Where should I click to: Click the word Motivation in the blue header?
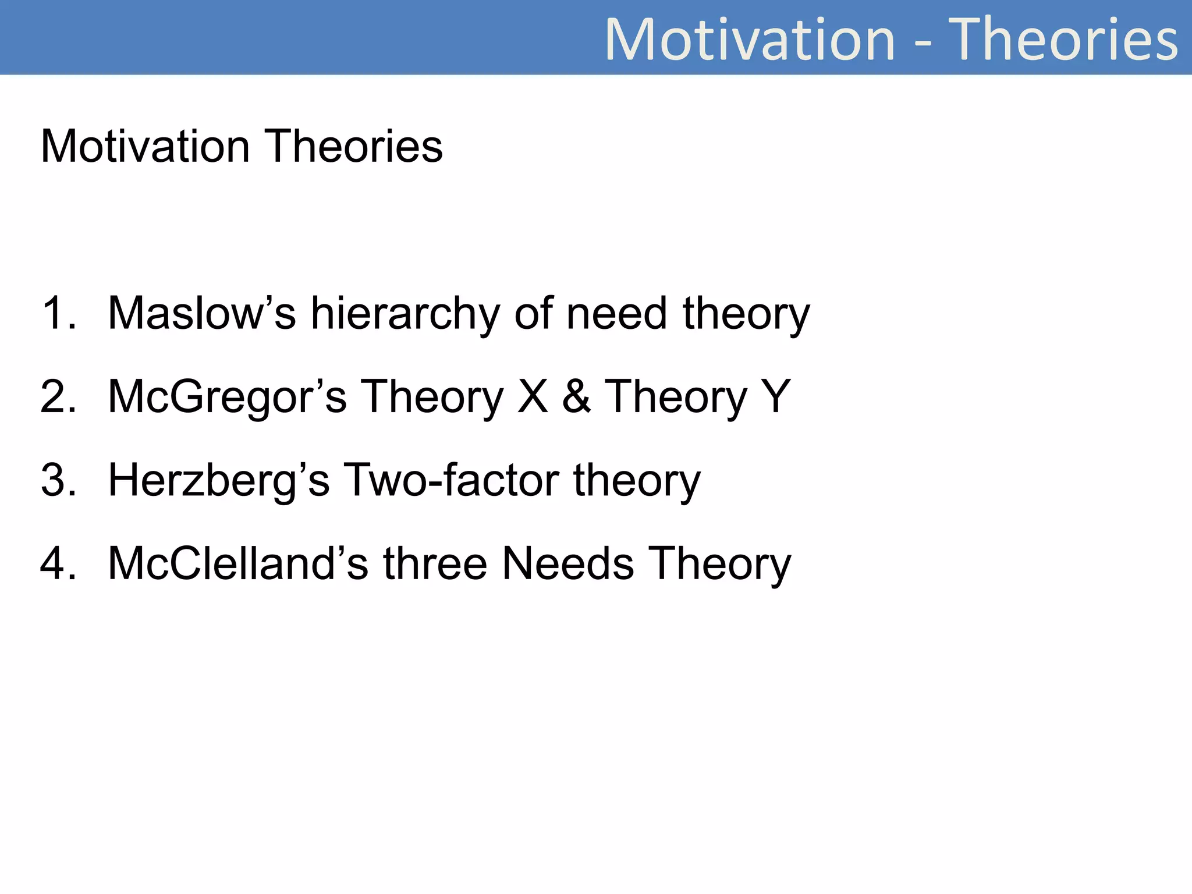tap(750, 40)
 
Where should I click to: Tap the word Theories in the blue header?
tap(1063, 40)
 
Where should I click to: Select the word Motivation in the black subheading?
tap(145, 146)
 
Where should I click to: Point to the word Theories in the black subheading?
tap(354, 146)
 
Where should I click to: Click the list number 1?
tap(58, 314)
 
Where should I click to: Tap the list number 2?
tap(58, 397)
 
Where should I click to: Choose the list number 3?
tap(58, 481)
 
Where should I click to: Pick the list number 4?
tap(58, 564)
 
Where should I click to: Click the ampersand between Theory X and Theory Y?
tap(576, 397)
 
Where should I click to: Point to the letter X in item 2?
tap(533, 397)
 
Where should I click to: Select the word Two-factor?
tap(452, 481)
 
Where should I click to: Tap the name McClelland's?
tap(238, 564)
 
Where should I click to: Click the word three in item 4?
tap(435, 564)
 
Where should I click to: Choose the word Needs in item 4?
tap(567, 564)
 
